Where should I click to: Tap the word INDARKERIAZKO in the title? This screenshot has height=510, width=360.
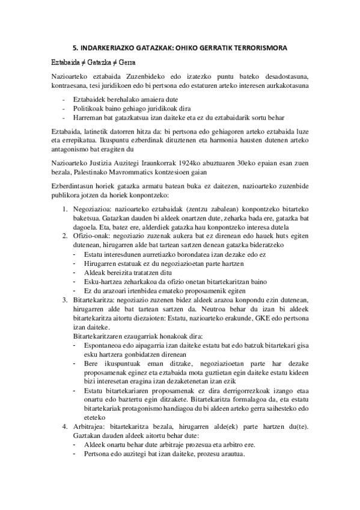click(x=108, y=47)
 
